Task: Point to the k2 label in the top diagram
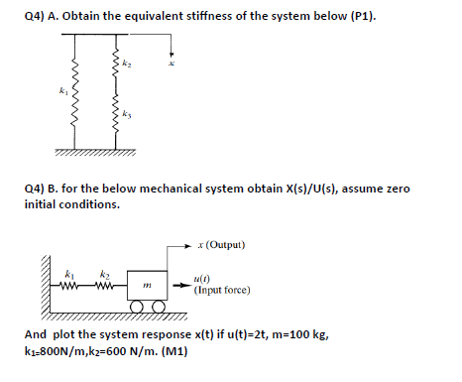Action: (x=129, y=62)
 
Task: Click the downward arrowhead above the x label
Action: (x=173, y=56)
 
